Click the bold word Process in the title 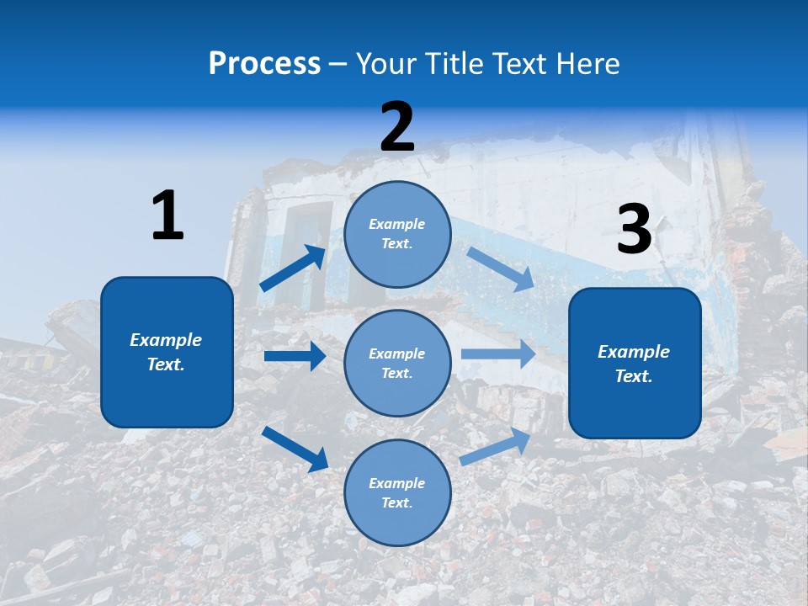point(264,64)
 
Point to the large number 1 point(167,215)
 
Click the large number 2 point(397,126)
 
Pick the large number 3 point(634,229)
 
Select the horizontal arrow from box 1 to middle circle point(295,356)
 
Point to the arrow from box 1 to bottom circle point(295,448)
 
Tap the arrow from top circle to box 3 point(500,268)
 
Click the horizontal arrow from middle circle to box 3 point(497,353)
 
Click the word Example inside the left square point(166,340)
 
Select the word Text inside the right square point(633,376)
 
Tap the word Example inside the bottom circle point(396,483)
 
